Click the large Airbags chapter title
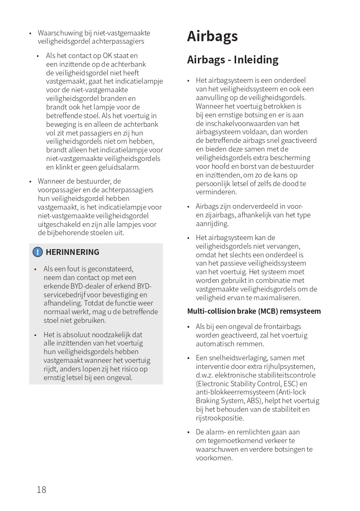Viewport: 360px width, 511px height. click(x=212, y=36)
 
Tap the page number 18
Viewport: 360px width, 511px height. click(x=42, y=490)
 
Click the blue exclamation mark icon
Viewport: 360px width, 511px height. click(x=38, y=252)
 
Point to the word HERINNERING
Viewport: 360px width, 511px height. click(x=72, y=252)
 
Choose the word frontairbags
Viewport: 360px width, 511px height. click(x=281, y=327)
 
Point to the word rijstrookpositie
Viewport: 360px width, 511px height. click(x=220, y=418)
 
